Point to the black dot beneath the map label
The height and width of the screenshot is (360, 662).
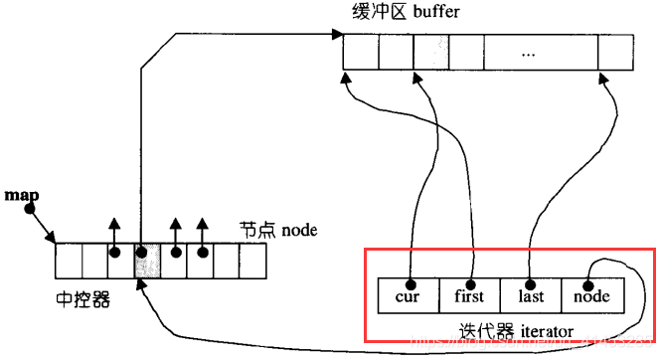coord(30,209)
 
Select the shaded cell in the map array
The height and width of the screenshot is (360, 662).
coord(147,261)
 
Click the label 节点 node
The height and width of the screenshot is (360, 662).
coord(278,231)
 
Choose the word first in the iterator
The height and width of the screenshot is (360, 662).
coord(469,296)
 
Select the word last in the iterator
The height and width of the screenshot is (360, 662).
coord(531,296)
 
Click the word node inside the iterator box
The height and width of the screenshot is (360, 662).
coord(592,296)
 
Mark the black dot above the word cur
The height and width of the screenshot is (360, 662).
coord(410,282)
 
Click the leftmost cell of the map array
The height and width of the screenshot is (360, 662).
coord(68,261)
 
